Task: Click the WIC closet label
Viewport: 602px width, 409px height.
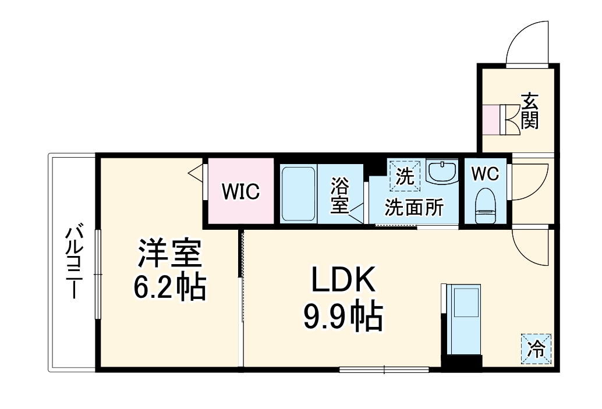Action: pos(240,191)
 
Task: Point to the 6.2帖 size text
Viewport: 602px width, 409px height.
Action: pos(169,286)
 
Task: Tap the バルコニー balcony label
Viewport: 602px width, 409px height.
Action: pos(73,262)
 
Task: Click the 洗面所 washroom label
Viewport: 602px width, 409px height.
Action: pos(414,207)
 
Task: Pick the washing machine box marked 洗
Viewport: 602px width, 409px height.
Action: pos(405,175)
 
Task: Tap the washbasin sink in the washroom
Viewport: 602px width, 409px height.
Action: pos(442,172)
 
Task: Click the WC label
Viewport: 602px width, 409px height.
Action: pos(484,173)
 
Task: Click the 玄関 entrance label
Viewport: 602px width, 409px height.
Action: pos(530,111)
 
